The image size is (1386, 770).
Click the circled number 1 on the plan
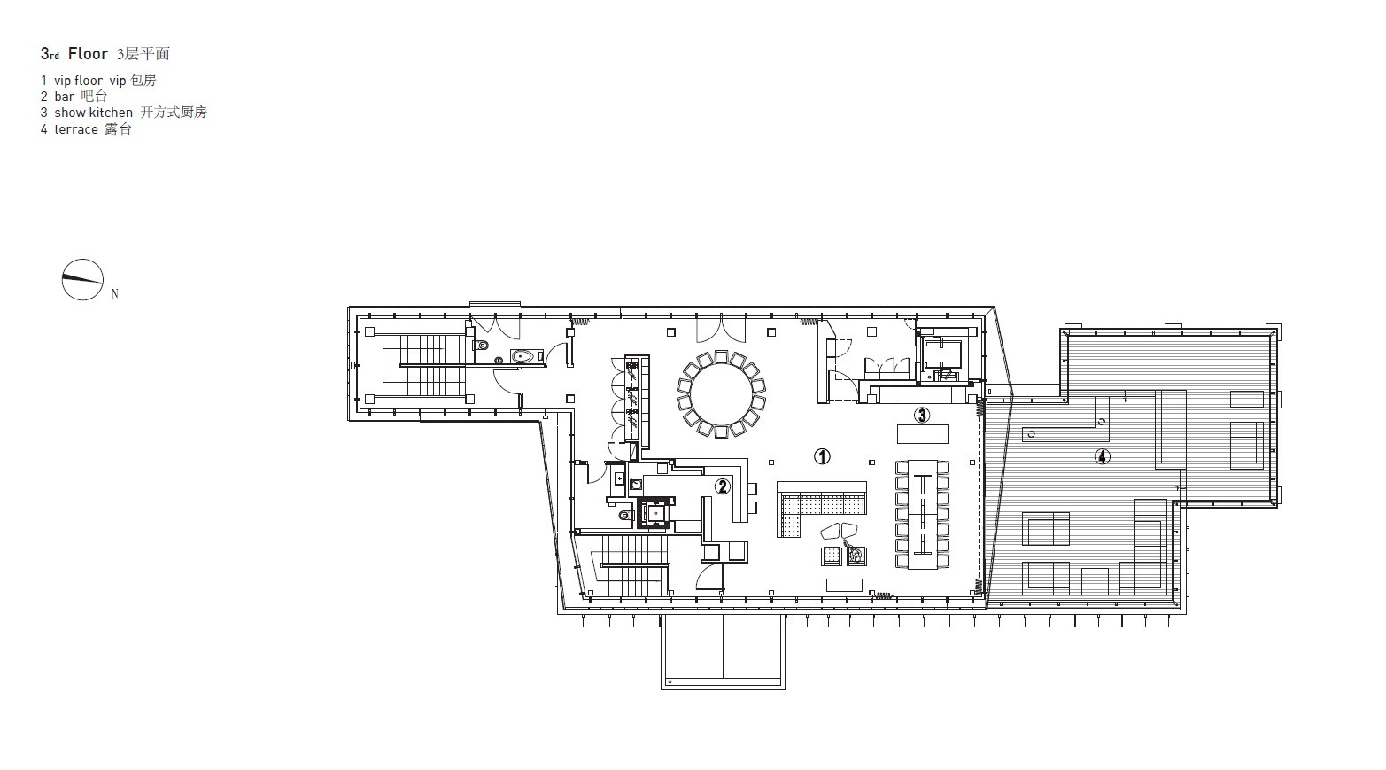pos(822,456)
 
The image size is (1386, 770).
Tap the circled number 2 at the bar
pos(723,485)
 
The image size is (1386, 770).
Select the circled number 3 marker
pos(922,415)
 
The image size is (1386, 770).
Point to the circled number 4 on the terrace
pos(1102,456)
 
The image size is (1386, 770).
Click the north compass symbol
pos(82,280)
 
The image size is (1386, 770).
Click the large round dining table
pos(721,393)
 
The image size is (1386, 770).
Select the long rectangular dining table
pos(922,513)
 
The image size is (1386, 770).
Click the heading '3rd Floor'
pos(74,54)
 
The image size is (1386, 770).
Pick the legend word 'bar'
pos(65,97)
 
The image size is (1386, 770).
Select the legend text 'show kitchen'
pos(93,113)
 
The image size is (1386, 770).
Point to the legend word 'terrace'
pos(76,129)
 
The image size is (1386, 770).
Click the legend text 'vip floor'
pos(78,81)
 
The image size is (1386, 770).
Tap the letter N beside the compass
pos(115,294)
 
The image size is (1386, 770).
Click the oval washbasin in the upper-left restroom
pos(525,357)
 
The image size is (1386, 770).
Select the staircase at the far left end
pos(424,365)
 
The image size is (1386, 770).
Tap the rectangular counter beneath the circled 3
pos(922,434)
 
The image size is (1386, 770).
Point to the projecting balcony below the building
pos(722,650)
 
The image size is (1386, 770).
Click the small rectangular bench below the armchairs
pos(843,585)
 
